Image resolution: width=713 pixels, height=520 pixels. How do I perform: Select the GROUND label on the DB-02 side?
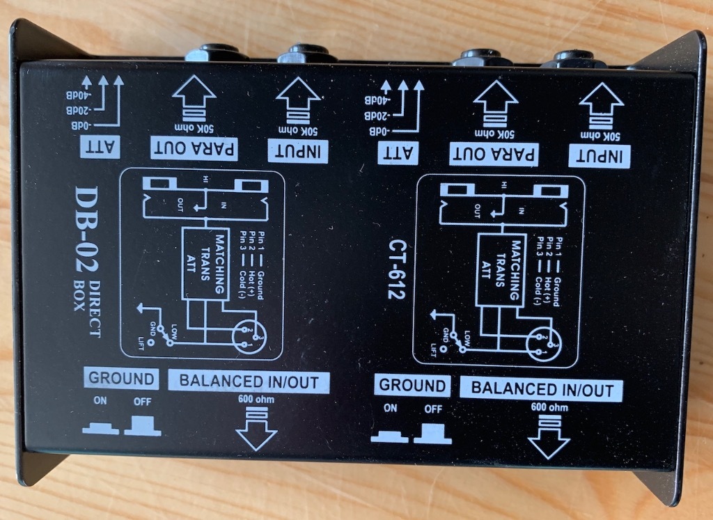(120, 379)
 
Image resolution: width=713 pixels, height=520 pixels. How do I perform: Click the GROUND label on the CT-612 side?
(412, 386)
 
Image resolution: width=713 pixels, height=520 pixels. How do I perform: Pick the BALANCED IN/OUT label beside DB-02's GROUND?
(249, 381)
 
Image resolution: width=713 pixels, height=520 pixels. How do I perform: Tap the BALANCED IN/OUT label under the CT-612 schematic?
(540, 388)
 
